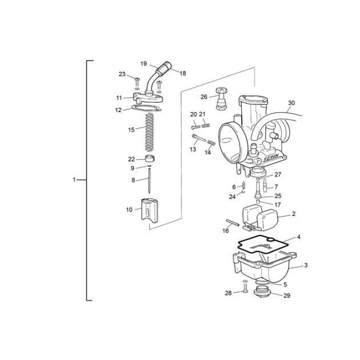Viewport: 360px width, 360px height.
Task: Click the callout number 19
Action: click(x=143, y=63)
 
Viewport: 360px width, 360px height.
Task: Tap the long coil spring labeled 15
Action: click(x=150, y=132)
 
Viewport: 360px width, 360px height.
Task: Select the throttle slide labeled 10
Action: click(x=149, y=210)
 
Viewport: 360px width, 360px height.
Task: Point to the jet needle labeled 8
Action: click(x=150, y=180)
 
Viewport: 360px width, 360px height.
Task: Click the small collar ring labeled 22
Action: click(x=150, y=159)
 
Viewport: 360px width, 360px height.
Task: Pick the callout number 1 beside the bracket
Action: click(x=74, y=180)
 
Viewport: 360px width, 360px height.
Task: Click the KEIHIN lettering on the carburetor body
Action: click(x=271, y=158)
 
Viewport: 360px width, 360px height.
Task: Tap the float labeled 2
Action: click(x=259, y=217)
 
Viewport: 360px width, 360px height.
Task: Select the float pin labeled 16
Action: click(x=233, y=222)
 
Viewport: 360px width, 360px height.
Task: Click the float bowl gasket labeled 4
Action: click(x=263, y=246)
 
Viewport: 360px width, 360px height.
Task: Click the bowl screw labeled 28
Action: click(x=245, y=288)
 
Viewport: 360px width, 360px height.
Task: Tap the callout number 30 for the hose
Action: click(x=291, y=103)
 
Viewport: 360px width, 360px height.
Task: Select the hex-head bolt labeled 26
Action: click(x=221, y=99)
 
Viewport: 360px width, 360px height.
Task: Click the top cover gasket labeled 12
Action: click(x=146, y=108)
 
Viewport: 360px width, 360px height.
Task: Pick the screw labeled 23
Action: click(x=137, y=82)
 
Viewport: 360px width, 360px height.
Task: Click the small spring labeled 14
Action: click(x=211, y=143)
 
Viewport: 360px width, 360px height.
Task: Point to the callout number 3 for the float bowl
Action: click(x=306, y=265)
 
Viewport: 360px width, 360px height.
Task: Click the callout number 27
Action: click(x=278, y=174)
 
